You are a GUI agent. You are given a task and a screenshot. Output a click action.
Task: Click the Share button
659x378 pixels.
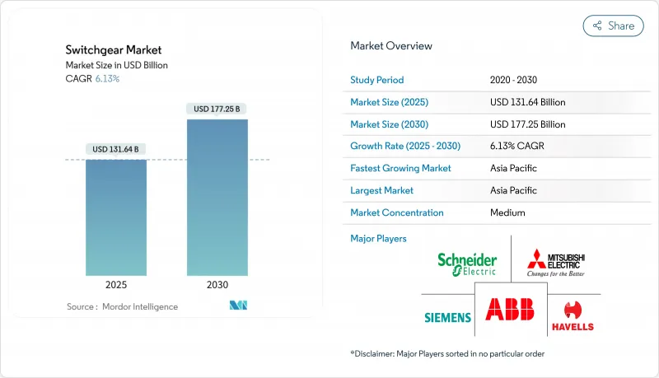click(x=613, y=26)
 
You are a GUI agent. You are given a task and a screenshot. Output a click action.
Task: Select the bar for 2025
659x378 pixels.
click(x=116, y=217)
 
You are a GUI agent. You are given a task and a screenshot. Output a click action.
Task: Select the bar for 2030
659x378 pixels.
click(x=217, y=198)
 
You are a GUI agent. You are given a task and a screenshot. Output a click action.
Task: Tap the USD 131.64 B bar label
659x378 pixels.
click(x=116, y=149)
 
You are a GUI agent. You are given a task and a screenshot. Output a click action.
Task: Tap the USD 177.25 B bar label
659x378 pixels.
click(x=217, y=109)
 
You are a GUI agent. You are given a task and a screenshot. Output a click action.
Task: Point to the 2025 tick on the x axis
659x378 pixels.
click(x=116, y=285)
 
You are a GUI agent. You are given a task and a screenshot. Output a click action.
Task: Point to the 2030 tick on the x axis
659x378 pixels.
click(x=217, y=285)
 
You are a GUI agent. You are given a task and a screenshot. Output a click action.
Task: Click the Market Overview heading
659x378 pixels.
click(x=391, y=45)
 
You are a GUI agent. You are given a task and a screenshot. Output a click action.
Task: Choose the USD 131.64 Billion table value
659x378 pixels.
click(x=527, y=102)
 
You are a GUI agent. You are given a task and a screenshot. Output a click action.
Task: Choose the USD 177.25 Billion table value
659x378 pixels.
click(x=527, y=124)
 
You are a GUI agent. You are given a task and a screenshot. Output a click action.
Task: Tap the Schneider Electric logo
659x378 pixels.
click(x=467, y=264)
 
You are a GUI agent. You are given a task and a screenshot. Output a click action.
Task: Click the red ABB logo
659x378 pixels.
click(x=510, y=309)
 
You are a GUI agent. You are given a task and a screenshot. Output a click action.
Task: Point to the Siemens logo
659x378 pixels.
click(x=447, y=317)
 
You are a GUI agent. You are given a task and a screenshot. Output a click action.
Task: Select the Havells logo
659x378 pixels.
click(x=572, y=317)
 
